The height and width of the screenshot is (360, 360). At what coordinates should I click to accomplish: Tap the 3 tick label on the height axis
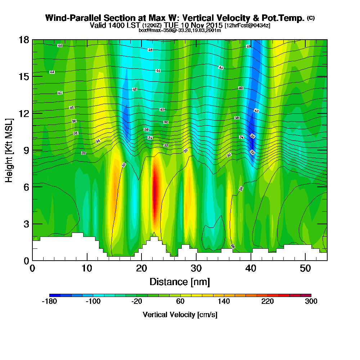[x=26, y=224]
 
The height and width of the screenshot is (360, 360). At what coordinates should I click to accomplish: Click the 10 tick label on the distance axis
[x=87, y=269]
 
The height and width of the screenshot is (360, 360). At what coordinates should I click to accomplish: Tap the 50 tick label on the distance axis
[x=305, y=269]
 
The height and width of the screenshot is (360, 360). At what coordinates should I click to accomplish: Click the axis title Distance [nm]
[x=180, y=281]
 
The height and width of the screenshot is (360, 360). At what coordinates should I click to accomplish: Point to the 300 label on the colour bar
[x=311, y=302]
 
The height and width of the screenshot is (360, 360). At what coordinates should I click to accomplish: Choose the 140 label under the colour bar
[x=224, y=302]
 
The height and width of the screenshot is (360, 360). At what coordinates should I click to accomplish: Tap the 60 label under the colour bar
[x=180, y=302]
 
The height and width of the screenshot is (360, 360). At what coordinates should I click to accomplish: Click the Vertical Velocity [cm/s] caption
[x=180, y=315]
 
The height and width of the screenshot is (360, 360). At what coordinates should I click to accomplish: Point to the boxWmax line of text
[x=180, y=30]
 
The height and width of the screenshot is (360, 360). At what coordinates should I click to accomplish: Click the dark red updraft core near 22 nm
[x=155, y=194]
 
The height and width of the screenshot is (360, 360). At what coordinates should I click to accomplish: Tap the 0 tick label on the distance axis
[x=32, y=269]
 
